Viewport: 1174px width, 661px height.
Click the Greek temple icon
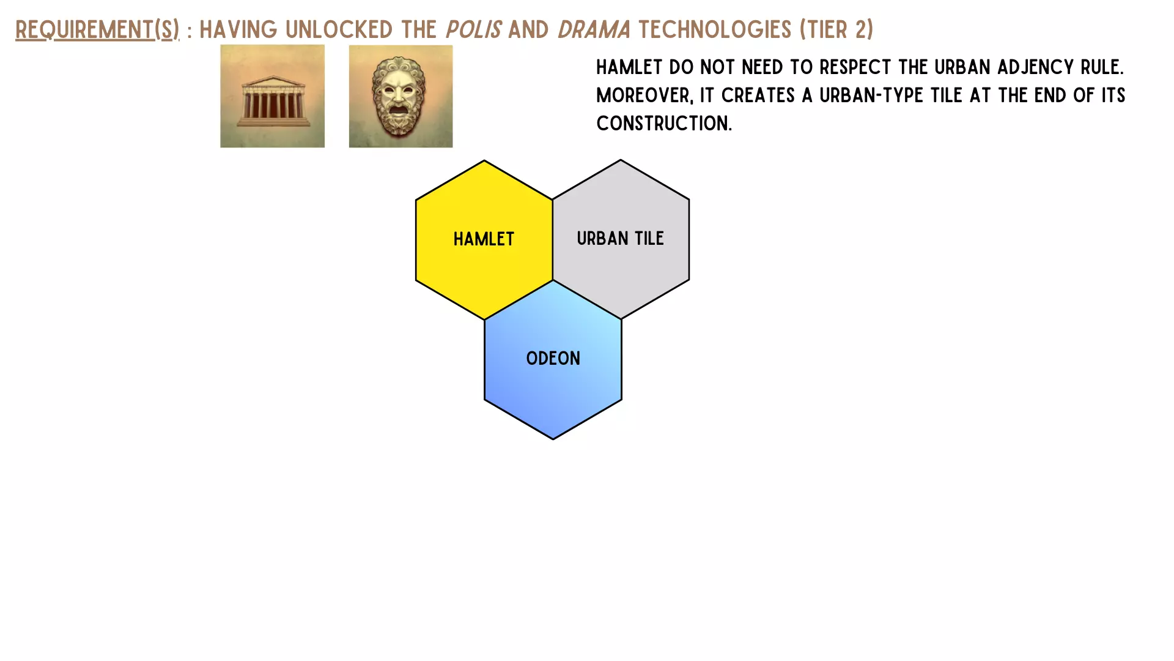click(x=272, y=96)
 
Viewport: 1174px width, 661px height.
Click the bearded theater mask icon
click(x=401, y=96)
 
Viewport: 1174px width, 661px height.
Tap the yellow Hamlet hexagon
click(x=484, y=239)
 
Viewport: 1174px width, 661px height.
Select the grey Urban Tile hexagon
click(x=621, y=239)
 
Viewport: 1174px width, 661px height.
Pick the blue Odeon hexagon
click(x=553, y=360)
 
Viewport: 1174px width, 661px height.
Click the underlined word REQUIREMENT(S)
click(x=97, y=29)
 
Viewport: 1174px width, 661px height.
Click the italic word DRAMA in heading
click(x=594, y=29)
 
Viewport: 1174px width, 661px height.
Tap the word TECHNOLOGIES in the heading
click(x=714, y=29)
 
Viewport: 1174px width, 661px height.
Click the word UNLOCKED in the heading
click(x=339, y=29)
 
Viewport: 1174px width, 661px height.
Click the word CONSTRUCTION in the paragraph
click(x=664, y=123)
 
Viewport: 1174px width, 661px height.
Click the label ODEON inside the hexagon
click(x=553, y=358)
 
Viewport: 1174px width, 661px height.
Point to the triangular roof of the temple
click(x=272, y=81)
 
